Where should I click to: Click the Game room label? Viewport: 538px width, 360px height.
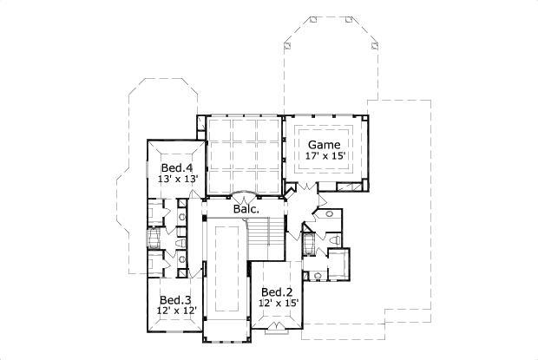[325, 145]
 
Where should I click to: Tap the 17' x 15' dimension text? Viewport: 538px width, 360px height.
[325, 156]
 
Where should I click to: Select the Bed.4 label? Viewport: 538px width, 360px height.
[178, 167]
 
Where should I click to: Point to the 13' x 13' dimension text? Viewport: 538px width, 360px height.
[178, 179]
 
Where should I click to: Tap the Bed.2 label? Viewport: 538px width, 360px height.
[276, 291]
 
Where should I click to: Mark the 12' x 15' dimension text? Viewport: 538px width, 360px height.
[278, 304]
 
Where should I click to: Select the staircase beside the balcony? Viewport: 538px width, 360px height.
[266, 238]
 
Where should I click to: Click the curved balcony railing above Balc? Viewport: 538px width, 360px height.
[244, 194]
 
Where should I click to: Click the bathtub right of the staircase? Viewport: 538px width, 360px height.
[308, 244]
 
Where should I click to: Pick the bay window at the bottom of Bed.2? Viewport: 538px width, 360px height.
[277, 326]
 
